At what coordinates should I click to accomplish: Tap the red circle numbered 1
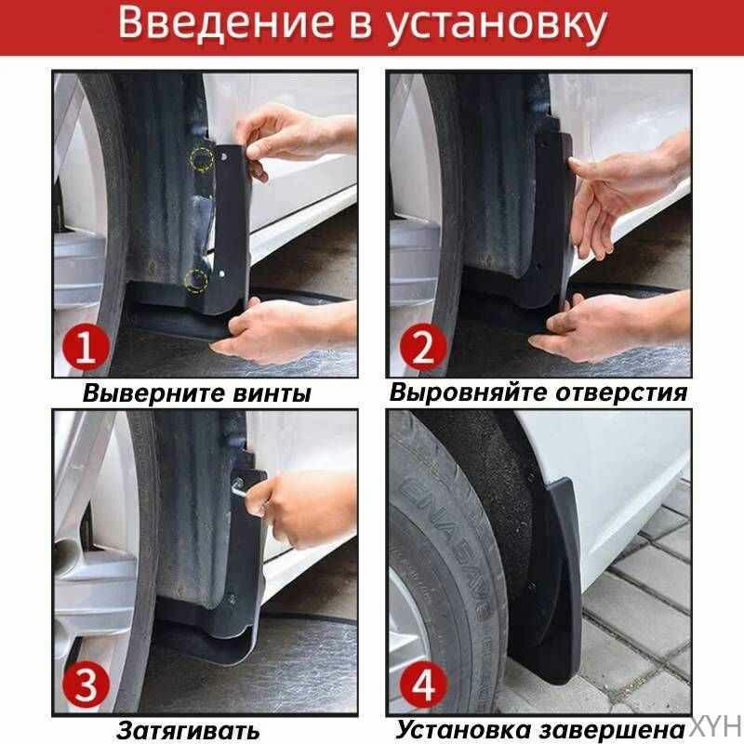coord(86,350)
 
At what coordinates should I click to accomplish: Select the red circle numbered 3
coord(86,685)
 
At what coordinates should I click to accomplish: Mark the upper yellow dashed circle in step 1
coord(202,158)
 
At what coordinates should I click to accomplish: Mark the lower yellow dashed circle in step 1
coord(196,278)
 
